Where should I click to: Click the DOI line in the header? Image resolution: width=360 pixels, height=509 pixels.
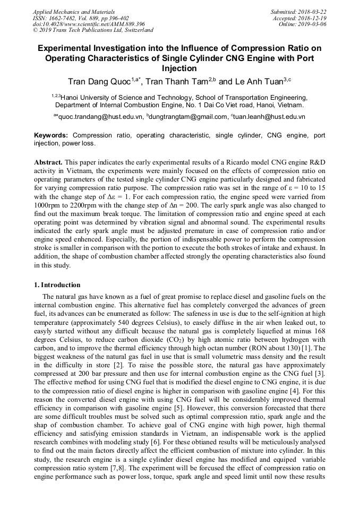tap(89, 24)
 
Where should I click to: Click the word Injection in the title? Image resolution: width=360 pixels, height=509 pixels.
tap(179, 68)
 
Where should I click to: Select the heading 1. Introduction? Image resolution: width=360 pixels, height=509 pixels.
tap(57, 285)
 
